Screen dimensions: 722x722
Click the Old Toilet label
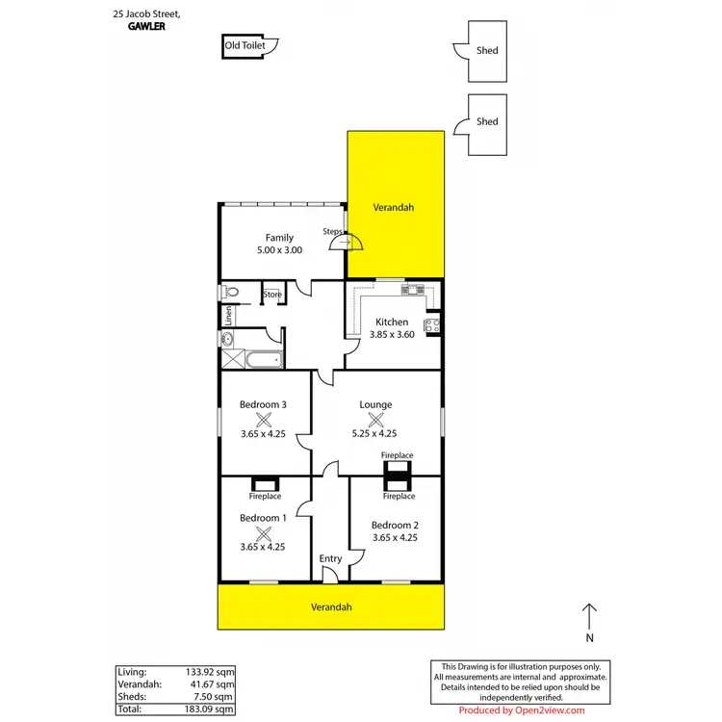point(244,44)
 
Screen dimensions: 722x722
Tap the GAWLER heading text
point(146,28)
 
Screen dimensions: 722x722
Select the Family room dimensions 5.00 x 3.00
point(279,250)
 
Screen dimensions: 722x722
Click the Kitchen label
point(392,322)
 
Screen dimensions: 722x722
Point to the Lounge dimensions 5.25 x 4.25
point(375,433)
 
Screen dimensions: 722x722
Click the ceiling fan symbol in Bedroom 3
point(263,419)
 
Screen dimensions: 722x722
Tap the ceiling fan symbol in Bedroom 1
point(263,532)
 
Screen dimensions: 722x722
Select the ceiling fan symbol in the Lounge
point(375,419)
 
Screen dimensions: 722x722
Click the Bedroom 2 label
point(395,525)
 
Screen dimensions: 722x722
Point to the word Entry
point(330,558)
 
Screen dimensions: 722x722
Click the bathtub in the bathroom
point(263,360)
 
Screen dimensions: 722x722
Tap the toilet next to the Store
point(229,292)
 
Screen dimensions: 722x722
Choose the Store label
point(272,294)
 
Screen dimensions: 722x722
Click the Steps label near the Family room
point(332,231)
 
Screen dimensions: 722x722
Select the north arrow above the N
point(590,616)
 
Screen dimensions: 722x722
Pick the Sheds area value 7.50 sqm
point(216,696)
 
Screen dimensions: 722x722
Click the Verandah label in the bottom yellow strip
point(331,607)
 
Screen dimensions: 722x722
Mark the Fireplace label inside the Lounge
point(397,454)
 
